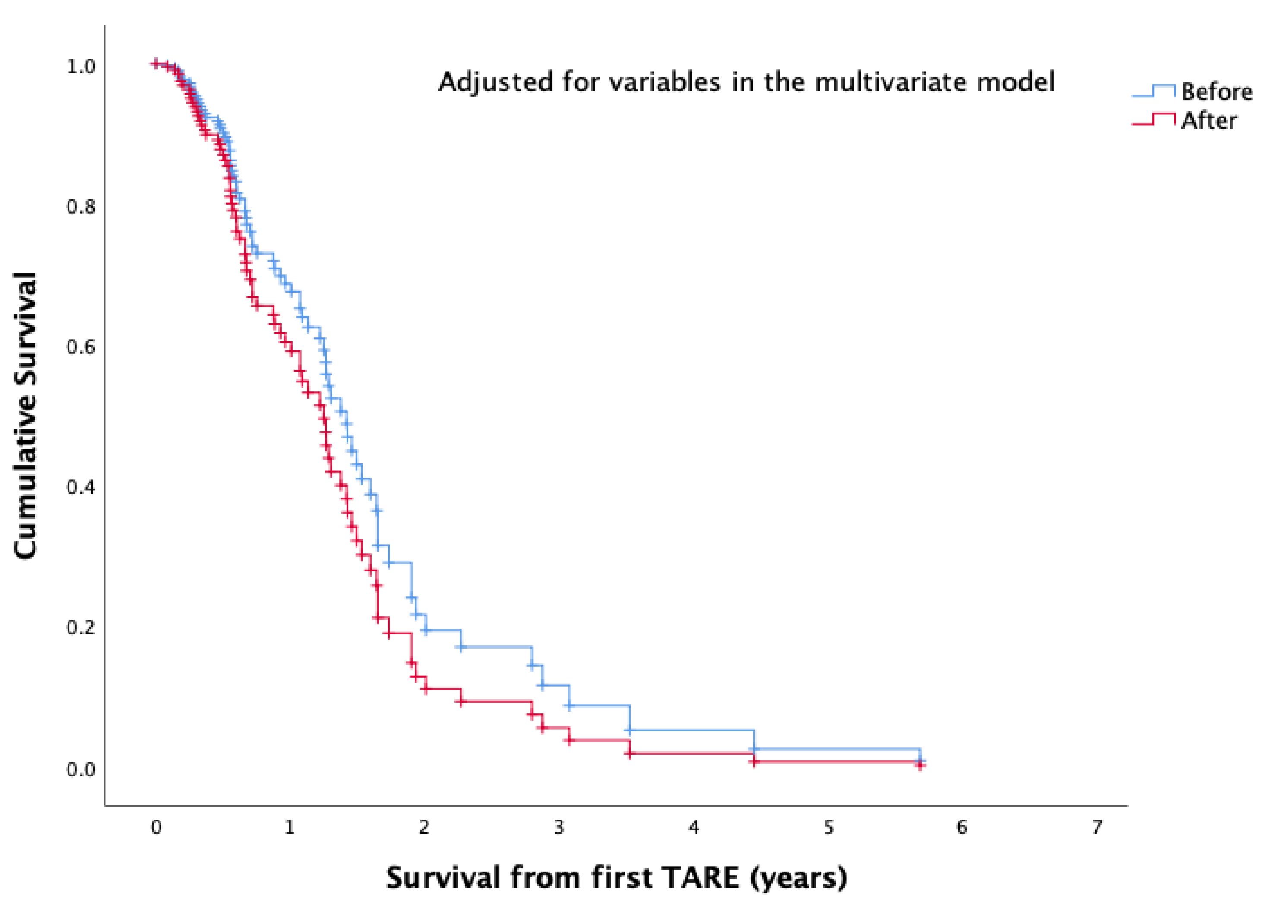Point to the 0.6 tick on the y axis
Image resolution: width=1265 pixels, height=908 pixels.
pos(81,347)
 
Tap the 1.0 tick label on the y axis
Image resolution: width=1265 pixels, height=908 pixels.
pos(81,66)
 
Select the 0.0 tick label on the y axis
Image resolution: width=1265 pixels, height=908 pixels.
pos(81,769)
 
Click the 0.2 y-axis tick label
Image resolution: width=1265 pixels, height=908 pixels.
pos(81,627)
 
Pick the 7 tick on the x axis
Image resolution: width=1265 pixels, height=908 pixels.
pos(1097,828)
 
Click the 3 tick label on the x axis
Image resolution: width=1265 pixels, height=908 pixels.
pos(559,828)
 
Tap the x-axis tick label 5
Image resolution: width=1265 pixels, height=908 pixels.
pos(829,828)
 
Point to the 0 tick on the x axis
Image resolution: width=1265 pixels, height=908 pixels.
pos(156,828)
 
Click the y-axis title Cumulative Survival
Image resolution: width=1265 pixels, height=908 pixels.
pos(25,415)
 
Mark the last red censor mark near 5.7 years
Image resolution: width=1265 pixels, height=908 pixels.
pos(920,766)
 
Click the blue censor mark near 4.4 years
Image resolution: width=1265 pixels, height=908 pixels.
pos(754,750)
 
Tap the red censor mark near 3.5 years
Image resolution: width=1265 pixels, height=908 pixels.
pos(630,754)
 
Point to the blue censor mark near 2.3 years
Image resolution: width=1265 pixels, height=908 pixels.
pos(461,647)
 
